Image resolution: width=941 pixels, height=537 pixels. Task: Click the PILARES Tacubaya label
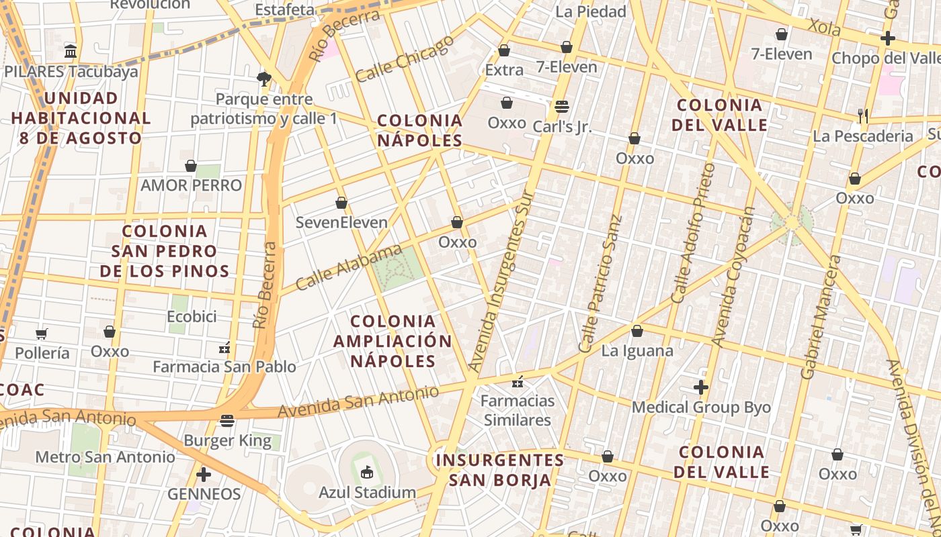(x=71, y=71)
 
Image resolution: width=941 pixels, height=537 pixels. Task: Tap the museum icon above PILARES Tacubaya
(x=71, y=51)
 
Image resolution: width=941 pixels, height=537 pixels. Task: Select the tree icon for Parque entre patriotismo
(x=264, y=79)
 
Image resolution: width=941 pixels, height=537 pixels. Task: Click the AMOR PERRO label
(x=191, y=185)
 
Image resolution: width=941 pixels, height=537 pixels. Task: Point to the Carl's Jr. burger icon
(x=562, y=107)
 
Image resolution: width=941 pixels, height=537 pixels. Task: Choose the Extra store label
(x=504, y=70)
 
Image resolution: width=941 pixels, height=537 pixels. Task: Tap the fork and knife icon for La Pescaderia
(x=863, y=116)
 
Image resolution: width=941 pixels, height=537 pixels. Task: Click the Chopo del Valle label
(x=885, y=58)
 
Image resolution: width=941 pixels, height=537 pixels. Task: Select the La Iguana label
(x=637, y=350)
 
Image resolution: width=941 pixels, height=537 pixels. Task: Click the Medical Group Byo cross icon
(x=701, y=387)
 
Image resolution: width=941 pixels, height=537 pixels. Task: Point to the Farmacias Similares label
(x=518, y=410)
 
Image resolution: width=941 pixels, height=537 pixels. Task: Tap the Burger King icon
(x=227, y=421)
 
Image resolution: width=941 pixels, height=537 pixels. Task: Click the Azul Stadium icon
(x=367, y=473)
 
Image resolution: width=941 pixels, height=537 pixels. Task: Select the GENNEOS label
(x=204, y=494)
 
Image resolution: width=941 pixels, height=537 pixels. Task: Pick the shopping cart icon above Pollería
(x=42, y=334)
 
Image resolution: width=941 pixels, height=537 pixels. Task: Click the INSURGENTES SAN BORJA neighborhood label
(x=499, y=470)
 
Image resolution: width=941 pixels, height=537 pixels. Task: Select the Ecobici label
(x=192, y=316)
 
